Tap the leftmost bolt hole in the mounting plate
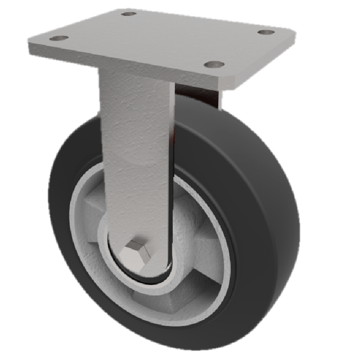pos(58,38)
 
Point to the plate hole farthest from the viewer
pos(129,13)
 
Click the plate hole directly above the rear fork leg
pos(214,64)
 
